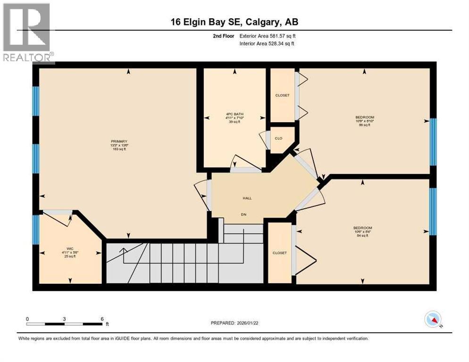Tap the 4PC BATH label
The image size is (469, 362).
tap(234, 113)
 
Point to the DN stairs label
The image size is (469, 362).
tap(244, 214)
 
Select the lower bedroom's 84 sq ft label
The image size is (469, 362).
tap(362, 236)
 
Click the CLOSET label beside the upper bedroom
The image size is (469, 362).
tap(282, 95)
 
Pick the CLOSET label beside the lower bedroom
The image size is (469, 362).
tap(279, 253)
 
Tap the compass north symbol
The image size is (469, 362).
tap(432, 320)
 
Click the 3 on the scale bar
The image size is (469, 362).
tap(64, 319)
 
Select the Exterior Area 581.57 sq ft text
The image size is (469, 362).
tap(268, 36)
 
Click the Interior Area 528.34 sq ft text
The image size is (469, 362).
tap(268, 44)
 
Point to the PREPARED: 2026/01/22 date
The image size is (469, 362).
tap(239, 323)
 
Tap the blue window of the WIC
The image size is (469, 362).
tap(35, 230)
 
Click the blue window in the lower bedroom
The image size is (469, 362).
tap(433, 211)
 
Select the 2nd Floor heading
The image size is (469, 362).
tap(224, 36)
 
